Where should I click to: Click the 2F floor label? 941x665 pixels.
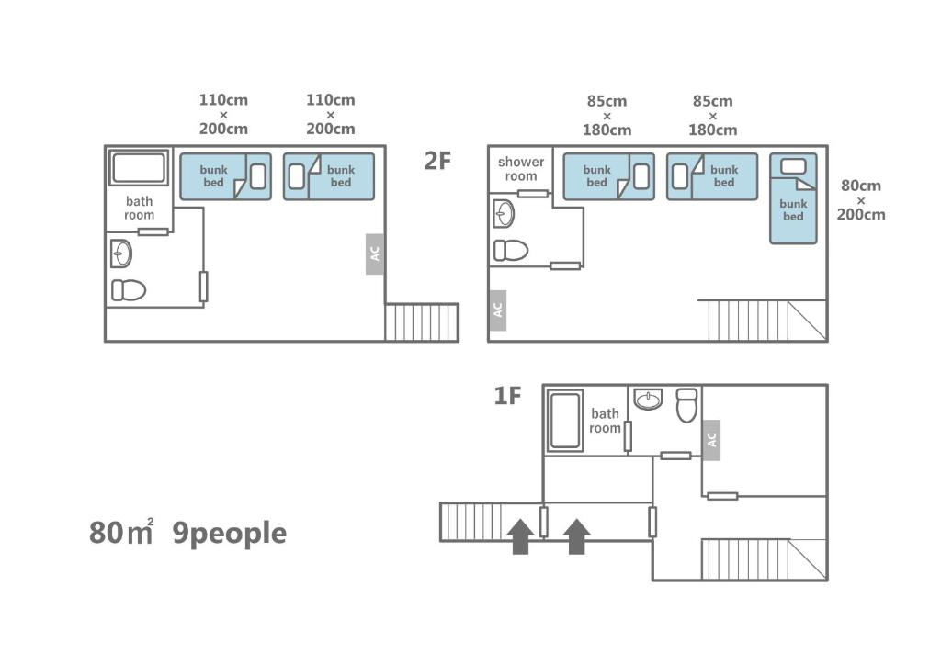point(436,161)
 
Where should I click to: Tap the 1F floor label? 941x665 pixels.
point(507,396)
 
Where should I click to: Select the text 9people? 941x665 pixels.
point(229,533)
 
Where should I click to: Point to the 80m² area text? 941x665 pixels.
point(121,532)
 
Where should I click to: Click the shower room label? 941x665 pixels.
point(521,168)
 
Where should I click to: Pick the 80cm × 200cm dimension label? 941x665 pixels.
point(860,199)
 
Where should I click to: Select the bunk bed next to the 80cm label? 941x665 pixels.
point(793,198)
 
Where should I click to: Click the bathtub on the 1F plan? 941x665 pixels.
point(565,421)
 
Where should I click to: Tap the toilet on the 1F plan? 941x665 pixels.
point(686,405)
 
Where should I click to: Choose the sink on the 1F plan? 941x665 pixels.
point(649,399)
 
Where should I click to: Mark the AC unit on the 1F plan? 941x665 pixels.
point(711,440)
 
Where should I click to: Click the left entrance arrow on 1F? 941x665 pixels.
point(520,536)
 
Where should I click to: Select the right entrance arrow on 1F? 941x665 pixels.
point(577,536)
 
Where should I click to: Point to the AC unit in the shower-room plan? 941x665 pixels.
point(497,310)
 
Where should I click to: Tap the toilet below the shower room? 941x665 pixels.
point(511,250)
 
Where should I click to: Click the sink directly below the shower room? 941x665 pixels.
point(504,213)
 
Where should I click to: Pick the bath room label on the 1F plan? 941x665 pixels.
point(605,421)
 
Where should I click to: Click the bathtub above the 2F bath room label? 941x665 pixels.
point(139,168)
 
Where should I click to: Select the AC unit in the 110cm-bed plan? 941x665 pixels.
point(375,254)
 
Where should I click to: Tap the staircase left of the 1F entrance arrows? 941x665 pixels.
point(470,522)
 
